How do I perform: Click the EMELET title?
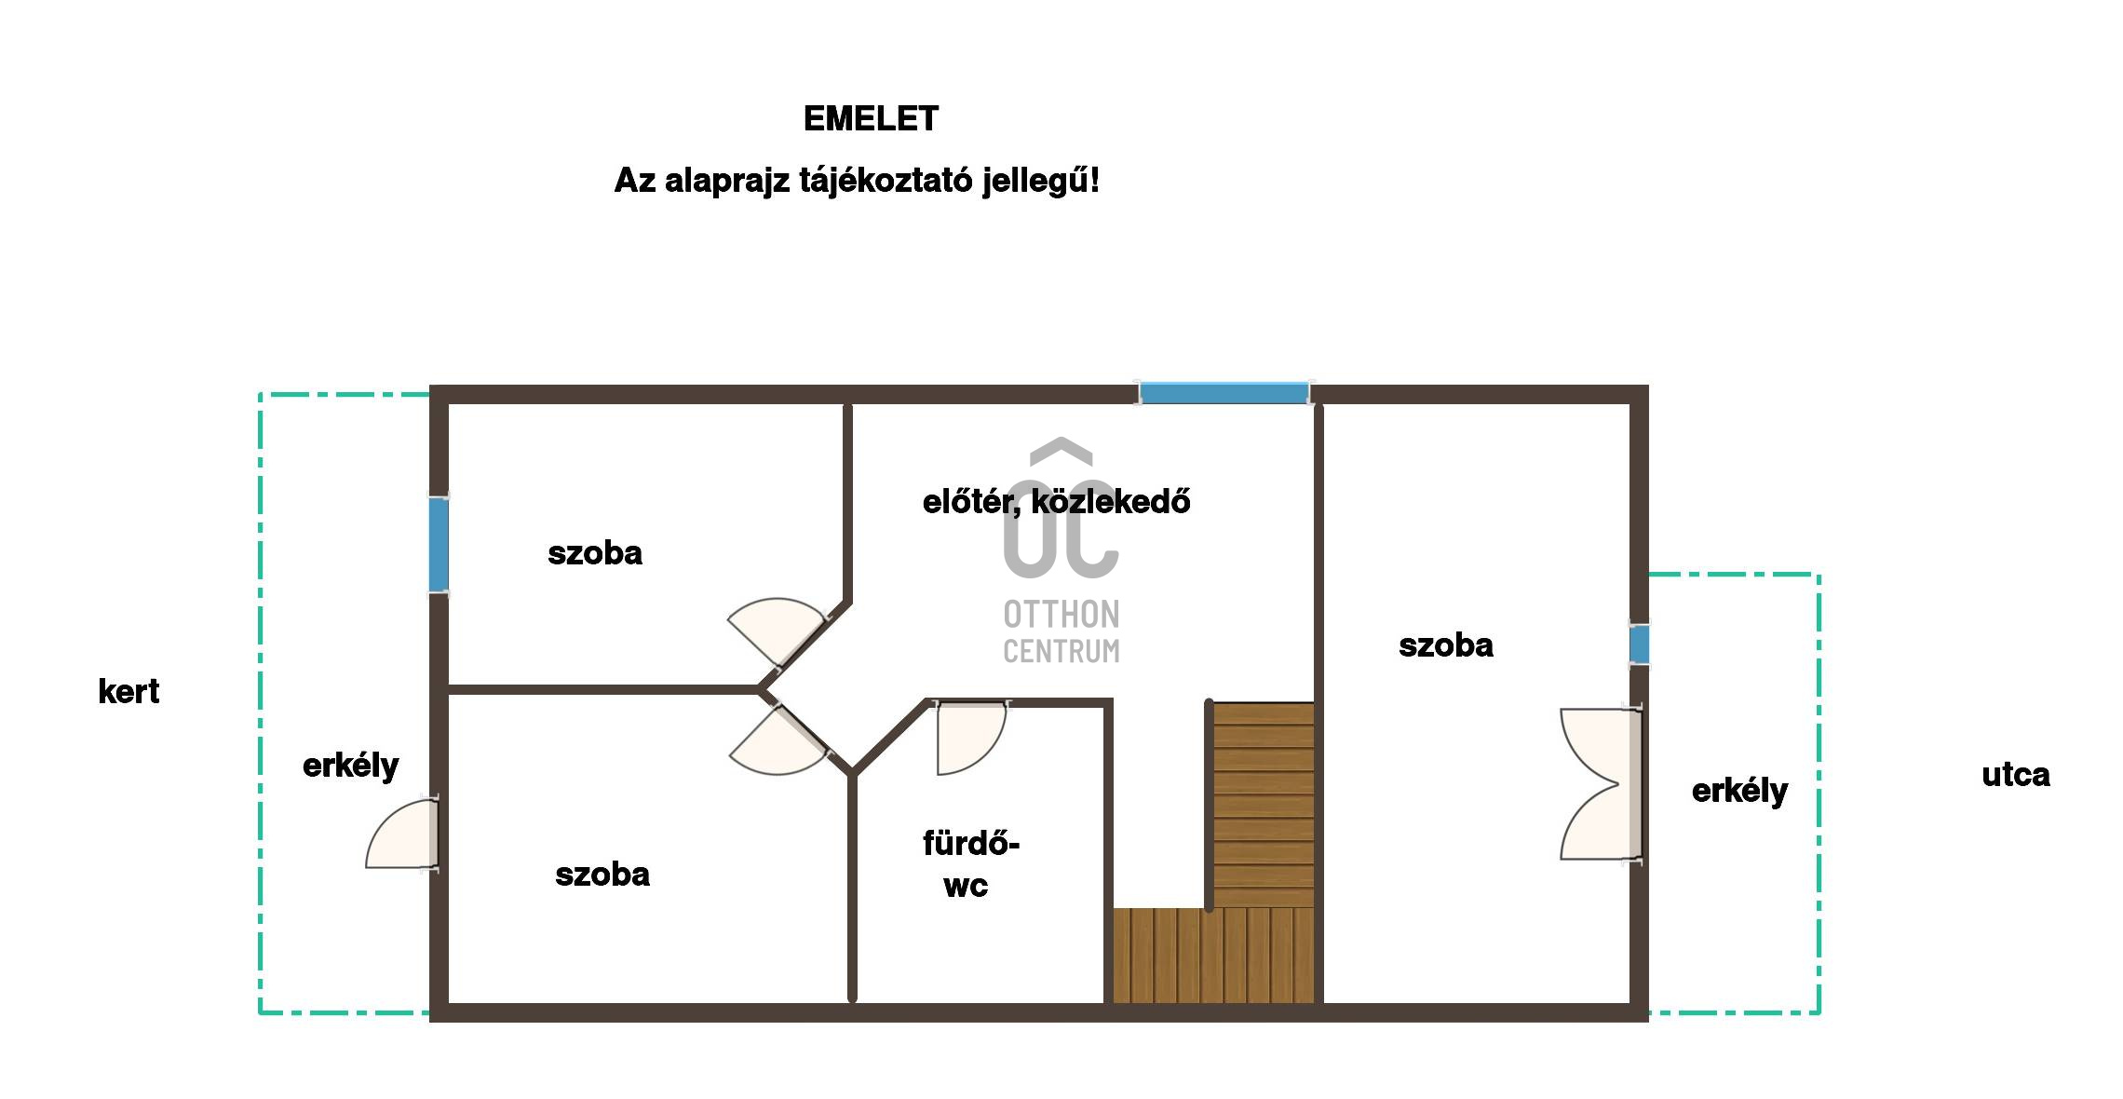871,119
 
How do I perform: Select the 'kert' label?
128,692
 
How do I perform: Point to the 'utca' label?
2015,775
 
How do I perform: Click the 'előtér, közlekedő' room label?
1056,502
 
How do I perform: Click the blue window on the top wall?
1224,392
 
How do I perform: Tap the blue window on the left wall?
439,544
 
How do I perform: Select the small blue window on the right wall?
1639,644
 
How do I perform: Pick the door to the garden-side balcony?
402,834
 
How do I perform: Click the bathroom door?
971,738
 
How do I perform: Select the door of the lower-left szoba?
779,740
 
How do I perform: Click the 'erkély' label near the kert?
350,767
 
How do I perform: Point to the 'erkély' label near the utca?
1739,792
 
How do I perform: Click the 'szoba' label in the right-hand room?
1446,645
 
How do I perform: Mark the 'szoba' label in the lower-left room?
602,875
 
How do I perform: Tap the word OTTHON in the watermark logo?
1061,615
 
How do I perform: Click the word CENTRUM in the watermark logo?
1061,650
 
